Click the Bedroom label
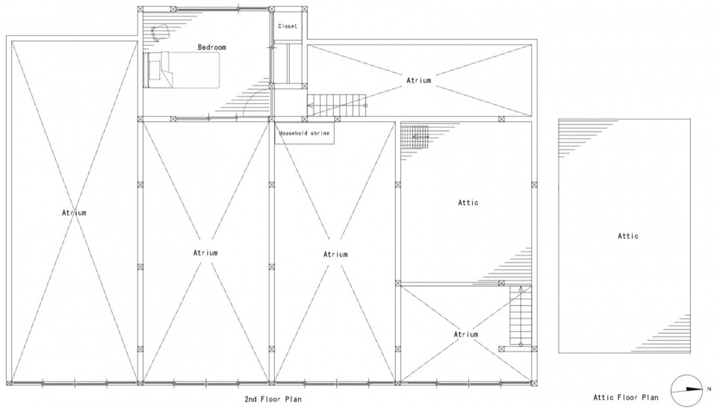(x=211, y=47)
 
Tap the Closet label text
(x=288, y=27)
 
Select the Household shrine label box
(x=304, y=133)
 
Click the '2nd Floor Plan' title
(x=273, y=399)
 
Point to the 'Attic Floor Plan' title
(x=626, y=398)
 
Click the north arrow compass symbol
(x=687, y=390)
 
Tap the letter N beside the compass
(x=709, y=390)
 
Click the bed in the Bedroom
(x=182, y=70)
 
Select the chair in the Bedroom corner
(x=161, y=31)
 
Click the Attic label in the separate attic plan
(x=628, y=236)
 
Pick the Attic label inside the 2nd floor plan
(x=468, y=203)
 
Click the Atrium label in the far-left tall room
(x=74, y=213)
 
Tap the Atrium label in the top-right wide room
(x=419, y=81)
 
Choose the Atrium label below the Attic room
(x=466, y=335)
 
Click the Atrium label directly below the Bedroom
(x=205, y=253)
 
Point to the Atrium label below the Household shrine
(x=335, y=255)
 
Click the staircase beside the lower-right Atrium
(x=521, y=316)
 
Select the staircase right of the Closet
(x=337, y=105)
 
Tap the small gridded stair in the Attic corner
(x=415, y=137)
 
